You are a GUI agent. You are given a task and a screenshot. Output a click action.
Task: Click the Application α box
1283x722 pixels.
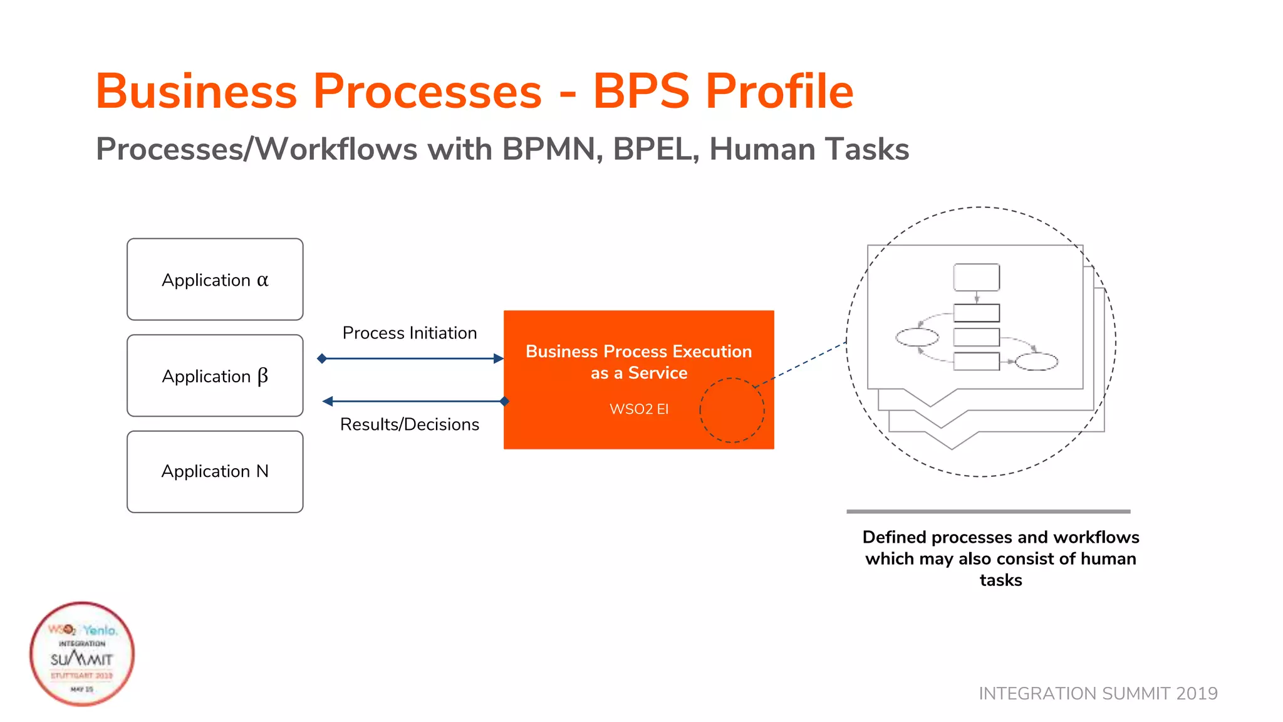point(215,280)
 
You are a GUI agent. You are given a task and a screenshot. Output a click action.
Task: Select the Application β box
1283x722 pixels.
point(215,376)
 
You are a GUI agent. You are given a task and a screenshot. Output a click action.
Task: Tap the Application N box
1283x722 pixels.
point(215,471)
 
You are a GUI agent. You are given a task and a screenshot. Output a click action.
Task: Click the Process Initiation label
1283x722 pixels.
point(410,333)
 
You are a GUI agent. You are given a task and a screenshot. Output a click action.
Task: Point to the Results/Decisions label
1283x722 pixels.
point(410,424)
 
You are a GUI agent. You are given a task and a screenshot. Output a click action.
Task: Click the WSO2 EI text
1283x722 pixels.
point(639,409)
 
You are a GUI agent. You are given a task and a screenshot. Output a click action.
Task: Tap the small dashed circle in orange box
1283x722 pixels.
point(732,411)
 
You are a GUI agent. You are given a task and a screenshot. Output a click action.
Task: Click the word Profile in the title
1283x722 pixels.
point(779,92)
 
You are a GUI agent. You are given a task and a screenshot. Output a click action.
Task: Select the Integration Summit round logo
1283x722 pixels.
point(82,654)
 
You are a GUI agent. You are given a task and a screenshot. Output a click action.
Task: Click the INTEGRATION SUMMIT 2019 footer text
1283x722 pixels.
point(1098,693)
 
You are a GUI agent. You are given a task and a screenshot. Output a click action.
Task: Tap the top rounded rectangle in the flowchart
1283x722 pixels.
point(976,277)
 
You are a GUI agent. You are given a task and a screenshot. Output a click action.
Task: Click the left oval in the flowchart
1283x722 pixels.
point(917,337)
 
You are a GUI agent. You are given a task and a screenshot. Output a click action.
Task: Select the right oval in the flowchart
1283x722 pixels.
point(1036,362)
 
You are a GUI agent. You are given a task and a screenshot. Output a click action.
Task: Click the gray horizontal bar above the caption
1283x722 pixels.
point(988,511)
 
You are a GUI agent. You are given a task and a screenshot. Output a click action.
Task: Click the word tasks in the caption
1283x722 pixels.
point(1000,580)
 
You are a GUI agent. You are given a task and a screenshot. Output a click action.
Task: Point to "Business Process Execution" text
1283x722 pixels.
point(638,352)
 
